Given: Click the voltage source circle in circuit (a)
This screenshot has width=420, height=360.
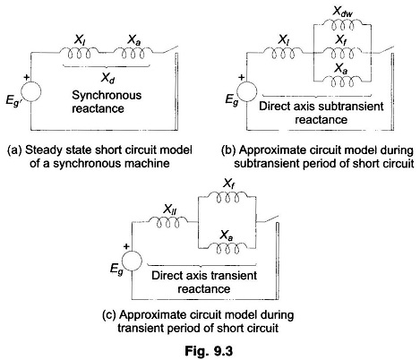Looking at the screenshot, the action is pyautogui.click(x=30, y=91).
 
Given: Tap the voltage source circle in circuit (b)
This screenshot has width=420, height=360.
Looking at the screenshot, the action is pyautogui.click(x=246, y=91).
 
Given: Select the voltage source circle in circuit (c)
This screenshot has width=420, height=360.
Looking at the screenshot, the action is pyautogui.click(x=132, y=261).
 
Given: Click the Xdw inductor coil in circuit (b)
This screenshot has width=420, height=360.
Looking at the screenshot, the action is pyautogui.click(x=343, y=24).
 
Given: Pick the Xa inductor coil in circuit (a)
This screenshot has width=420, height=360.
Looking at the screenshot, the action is pyautogui.click(x=133, y=53).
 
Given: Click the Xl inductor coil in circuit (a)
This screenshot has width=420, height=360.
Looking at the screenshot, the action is pyautogui.click(x=77, y=53).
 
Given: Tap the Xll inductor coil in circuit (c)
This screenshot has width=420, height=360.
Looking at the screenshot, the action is pyautogui.click(x=168, y=222).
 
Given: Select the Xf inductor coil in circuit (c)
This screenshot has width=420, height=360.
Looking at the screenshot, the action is pyautogui.click(x=227, y=197).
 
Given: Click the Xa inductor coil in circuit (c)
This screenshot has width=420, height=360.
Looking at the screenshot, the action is pyautogui.click(x=227, y=247).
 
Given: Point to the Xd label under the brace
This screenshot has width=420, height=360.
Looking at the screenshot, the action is pyautogui.click(x=107, y=78).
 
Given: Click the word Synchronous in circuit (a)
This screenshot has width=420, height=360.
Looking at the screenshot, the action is pyautogui.click(x=107, y=96).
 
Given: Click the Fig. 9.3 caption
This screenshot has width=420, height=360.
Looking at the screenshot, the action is pyautogui.click(x=209, y=351).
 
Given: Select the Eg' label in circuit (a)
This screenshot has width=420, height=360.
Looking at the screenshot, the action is pyautogui.click(x=13, y=100).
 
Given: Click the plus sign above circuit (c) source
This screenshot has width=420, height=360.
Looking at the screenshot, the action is pyautogui.click(x=126, y=246).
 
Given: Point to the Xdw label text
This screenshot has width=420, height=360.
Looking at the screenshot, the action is pyautogui.click(x=342, y=12).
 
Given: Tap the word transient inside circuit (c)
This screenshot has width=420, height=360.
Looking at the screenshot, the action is pyautogui.click(x=234, y=275).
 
